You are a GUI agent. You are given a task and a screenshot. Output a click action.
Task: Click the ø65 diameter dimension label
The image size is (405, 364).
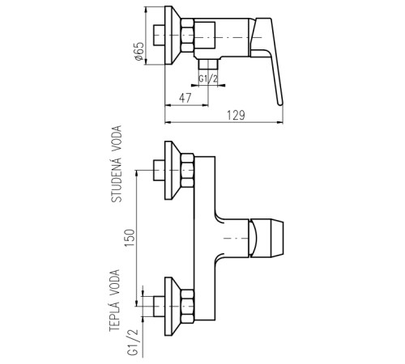click(x=139, y=52)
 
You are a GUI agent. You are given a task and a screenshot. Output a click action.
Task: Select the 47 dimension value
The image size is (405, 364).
click(x=185, y=98)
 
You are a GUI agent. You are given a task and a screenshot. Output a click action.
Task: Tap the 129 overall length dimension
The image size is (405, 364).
click(x=236, y=116)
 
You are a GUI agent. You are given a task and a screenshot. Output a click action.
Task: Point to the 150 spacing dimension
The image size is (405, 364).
click(x=130, y=238)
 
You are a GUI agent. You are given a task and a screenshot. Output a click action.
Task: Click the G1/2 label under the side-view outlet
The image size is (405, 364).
click(x=208, y=79)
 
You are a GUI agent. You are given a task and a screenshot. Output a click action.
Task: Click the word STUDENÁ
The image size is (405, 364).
click(x=117, y=179)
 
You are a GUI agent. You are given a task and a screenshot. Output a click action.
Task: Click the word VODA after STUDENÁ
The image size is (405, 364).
click(x=117, y=138)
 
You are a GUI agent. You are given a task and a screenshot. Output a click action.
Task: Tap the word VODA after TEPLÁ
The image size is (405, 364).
click(x=114, y=282)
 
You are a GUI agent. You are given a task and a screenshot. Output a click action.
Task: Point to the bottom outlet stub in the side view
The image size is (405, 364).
click(x=208, y=65)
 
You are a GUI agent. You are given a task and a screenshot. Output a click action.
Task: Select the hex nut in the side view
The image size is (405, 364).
click(x=187, y=35)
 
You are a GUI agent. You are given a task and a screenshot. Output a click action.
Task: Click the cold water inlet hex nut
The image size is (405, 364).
click(x=187, y=171)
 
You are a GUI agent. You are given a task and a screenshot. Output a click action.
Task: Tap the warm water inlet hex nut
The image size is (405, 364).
click(x=187, y=307)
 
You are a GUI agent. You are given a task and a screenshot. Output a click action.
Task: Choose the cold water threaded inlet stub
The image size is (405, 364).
click(x=159, y=171)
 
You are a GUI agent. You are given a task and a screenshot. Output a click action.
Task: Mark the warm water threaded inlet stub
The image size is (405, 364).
click(x=159, y=307)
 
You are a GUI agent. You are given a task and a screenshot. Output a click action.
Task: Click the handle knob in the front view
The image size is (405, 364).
click(x=266, y=238)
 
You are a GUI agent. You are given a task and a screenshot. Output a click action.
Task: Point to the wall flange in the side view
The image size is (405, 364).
click(x=173, y=36)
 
